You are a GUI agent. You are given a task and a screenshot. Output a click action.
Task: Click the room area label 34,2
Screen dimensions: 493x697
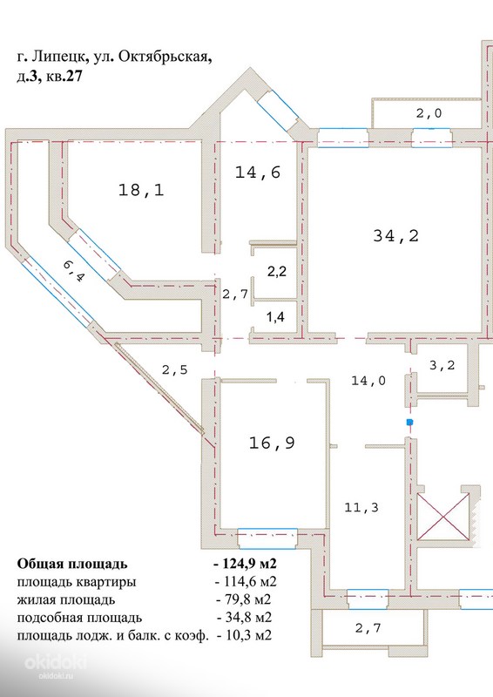(x=395, y=235)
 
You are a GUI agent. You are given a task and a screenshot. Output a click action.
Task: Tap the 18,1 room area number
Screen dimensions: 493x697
(x=141, y=190)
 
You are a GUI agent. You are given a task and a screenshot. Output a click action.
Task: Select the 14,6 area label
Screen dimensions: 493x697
(x=258, y=172)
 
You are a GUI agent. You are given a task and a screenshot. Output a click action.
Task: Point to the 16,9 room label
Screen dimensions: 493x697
(x=272, y=443)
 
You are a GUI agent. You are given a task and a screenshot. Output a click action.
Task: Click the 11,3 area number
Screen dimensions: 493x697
(x=361, y=507)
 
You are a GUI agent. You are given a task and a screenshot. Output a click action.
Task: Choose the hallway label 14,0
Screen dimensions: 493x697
(x=368, y=381)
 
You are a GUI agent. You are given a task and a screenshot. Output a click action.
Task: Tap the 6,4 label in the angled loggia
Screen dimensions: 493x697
(x=74, y=271)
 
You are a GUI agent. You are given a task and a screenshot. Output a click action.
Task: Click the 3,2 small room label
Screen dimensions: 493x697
(x=442, y=365)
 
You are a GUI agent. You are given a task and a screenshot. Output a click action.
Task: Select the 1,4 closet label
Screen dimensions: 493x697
(x=275, y=317)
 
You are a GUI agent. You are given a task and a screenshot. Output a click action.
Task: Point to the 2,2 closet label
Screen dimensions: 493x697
(x=276, y=271)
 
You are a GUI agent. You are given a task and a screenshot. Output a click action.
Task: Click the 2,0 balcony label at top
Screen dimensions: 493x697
(x=429, y=113)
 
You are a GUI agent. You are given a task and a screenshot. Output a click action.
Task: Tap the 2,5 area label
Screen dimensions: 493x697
(x=175, y=369)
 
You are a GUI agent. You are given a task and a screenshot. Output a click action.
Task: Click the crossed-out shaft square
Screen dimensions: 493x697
(x=443, y=516)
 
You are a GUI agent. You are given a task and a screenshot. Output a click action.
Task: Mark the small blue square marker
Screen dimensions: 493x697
(x=409, y=422)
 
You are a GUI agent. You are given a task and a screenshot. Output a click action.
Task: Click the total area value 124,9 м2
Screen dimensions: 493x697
(x=245, y=564)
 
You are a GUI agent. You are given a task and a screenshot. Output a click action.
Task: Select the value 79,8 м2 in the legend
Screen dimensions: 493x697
(x=244, y=599)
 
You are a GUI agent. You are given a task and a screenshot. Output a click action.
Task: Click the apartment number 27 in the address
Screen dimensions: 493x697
(x=74, y=77)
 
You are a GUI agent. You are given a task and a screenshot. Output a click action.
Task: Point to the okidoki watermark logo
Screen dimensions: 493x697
(x=55, y=662)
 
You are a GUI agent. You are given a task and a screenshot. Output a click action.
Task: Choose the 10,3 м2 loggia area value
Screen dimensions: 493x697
(x=244, y=635)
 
